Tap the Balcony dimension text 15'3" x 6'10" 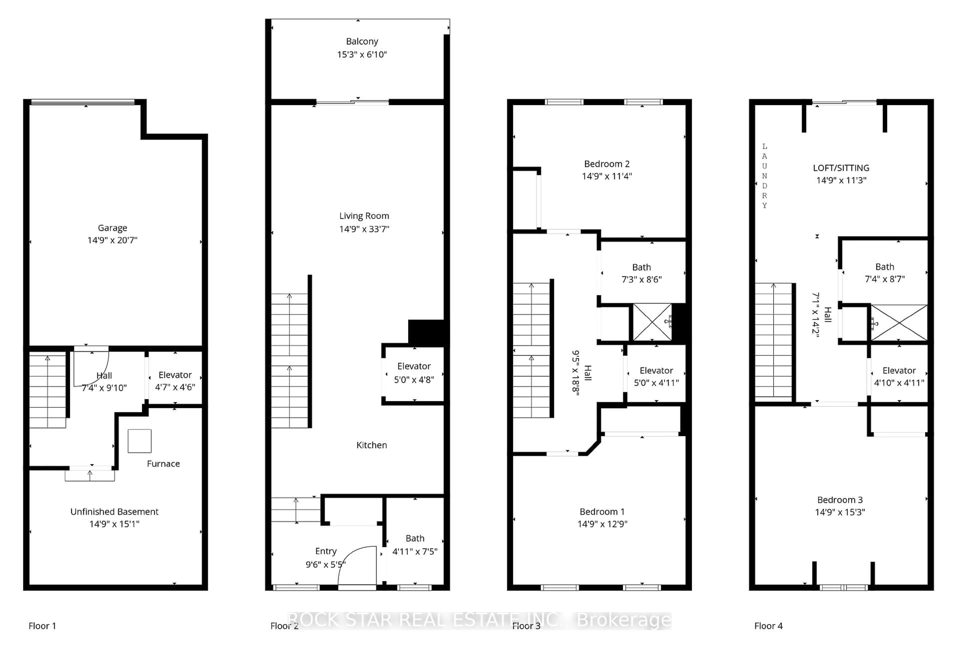click(x=362, y=54)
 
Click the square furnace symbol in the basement click(x=139, y=441)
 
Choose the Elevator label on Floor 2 click(x=414, y=366)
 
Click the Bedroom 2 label click(x=607, y=164)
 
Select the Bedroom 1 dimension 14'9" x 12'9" click(x=602, y=524)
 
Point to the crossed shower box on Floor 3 click(x=652, y=322)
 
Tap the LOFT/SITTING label click(x=841, y=168)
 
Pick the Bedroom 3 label click(x=840, y=500)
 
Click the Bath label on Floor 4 click(x=885, y=267)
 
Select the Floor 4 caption click(x=768, y=626)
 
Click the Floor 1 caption click(x=42, y=626)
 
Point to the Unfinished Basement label click(x=114, y=512)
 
